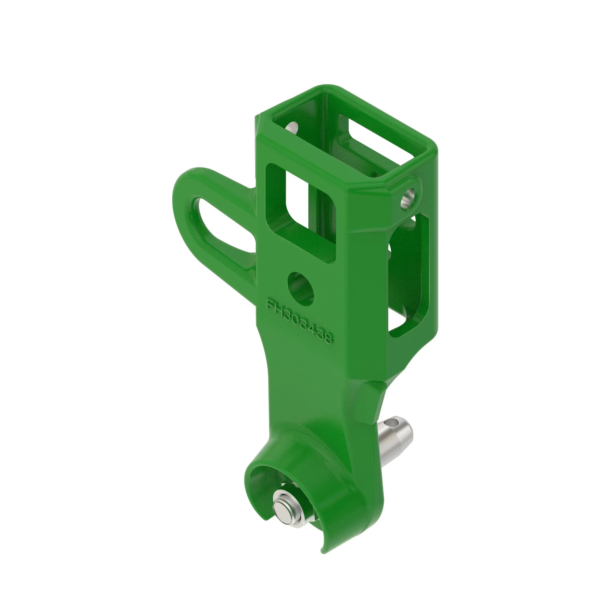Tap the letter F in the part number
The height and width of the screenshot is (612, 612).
pos(270,304)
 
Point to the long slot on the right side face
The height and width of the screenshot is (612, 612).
pos(409,276)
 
